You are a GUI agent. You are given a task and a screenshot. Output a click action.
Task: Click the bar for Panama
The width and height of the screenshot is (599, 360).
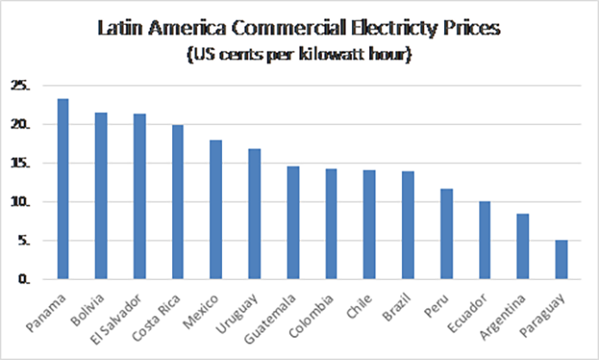[63, 189]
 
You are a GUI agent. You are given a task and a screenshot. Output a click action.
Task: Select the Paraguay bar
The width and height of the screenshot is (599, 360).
[561, 259]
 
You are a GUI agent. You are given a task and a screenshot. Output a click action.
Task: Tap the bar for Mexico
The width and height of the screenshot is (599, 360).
[216, 209]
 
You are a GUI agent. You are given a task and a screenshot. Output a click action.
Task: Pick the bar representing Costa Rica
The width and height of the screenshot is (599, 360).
[177, 202]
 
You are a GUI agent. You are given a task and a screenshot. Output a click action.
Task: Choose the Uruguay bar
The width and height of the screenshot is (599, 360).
[255, 214]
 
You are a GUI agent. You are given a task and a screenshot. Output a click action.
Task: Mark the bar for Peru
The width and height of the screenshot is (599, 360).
[447, 234]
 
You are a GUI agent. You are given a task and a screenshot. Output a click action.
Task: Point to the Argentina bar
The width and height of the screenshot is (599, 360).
[522, 246]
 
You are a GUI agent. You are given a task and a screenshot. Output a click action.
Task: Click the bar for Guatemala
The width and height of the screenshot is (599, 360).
[293, 223]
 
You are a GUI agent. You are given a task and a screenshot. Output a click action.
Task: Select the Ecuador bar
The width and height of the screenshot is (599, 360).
[485, 240]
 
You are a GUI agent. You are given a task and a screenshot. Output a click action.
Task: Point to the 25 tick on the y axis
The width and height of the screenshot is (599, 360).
[21, 85]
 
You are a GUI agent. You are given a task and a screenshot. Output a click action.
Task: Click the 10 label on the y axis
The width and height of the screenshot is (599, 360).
[21, 202]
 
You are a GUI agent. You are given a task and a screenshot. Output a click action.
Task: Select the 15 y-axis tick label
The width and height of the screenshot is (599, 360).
[21, 163]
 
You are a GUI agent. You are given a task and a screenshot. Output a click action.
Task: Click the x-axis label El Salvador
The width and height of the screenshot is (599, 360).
[115, 320]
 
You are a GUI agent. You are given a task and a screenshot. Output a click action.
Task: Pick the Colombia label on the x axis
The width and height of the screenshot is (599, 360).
[311, 316]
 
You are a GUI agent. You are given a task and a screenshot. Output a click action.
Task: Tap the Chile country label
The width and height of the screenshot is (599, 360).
[359, 306]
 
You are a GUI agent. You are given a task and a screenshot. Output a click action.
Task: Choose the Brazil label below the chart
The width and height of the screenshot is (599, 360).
[396, 307]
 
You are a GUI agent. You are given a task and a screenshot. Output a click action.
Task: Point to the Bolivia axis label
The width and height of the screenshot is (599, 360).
[87, 309]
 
